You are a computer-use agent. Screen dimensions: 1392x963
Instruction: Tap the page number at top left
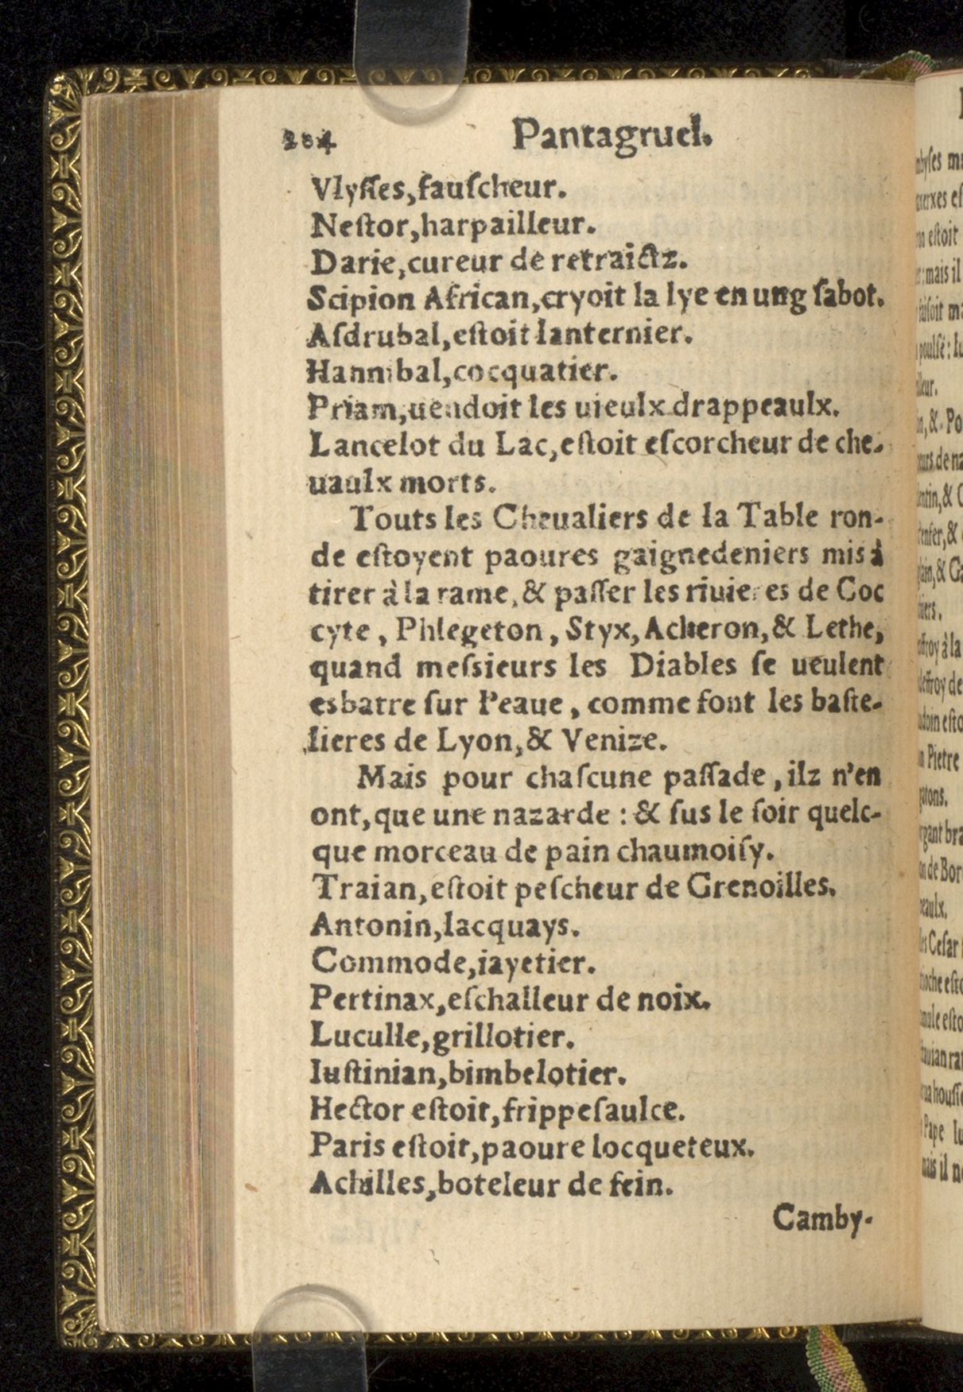(x=309, y=141)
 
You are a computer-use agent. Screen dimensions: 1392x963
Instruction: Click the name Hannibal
(x=355, y=370)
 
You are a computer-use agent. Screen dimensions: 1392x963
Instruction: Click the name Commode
(x=371, y=962)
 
